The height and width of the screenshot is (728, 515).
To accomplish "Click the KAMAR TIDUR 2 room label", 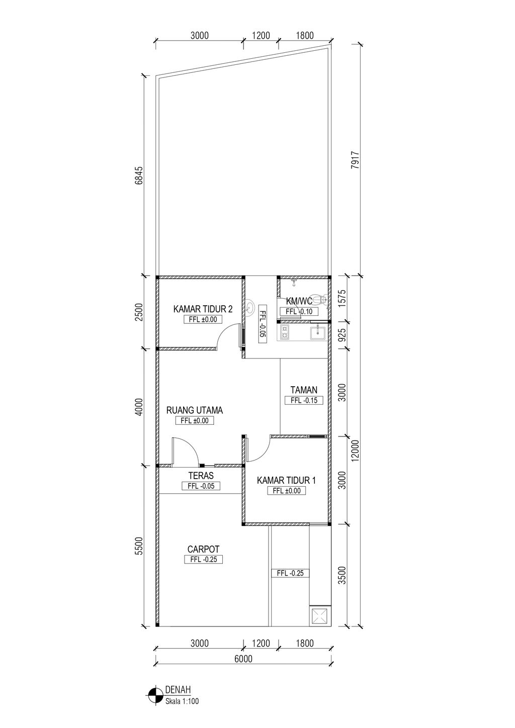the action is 203,309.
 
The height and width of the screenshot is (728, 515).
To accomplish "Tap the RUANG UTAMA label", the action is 195,410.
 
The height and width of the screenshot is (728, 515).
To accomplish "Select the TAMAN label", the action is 304,390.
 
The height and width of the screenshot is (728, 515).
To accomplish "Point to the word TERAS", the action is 201,476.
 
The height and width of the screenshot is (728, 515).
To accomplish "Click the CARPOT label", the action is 203,549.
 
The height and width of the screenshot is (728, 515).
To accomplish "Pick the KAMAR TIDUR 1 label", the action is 286,480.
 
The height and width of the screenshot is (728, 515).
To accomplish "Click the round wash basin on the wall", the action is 249,306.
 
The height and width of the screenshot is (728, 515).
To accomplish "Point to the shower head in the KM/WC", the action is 294,282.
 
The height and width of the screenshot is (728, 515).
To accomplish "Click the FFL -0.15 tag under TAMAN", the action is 304,400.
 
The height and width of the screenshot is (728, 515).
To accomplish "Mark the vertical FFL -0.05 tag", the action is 263,324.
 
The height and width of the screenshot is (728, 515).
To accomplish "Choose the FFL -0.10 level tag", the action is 299,311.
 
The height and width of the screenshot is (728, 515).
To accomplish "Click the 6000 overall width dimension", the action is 243,659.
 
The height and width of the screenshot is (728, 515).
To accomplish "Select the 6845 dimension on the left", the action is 139,175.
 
